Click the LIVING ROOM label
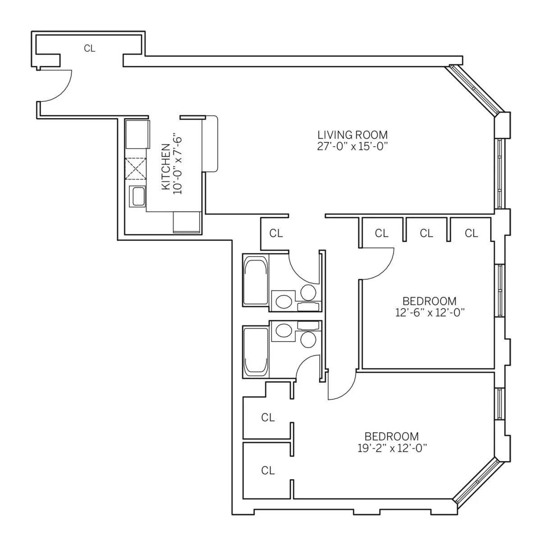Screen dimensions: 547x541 click(352, 134)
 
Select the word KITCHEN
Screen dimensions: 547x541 click(166, 167)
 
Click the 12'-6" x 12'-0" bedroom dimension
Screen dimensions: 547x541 click(429, 312)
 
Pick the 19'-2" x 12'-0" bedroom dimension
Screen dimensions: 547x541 click(391, 448)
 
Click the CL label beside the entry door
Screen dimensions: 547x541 click(90, 48)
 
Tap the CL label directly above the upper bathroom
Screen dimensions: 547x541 click(276, 233)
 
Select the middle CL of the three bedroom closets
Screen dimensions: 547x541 click(426, 233)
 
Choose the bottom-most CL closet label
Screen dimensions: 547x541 click(268, 471)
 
